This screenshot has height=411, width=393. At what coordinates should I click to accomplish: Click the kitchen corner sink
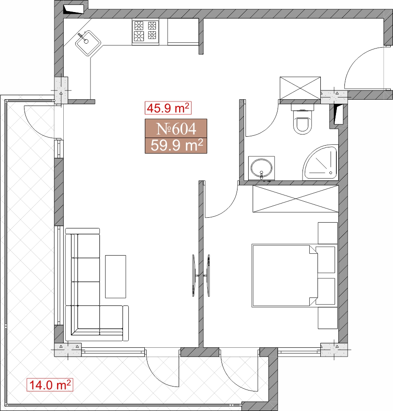tap(88, 43)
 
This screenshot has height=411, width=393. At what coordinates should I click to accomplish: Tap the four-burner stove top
tap(145, 32)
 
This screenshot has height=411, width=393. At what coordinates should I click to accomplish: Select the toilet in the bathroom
tap(303, 119)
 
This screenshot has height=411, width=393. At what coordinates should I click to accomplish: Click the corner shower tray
tap(320, 163)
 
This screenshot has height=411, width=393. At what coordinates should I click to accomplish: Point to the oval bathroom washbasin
tap(261, 168)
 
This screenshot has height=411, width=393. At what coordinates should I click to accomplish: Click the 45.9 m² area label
tap(168, 108)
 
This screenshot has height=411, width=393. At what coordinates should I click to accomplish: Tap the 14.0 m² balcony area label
tap(50, 385)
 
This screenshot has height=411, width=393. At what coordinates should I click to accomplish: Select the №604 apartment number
tap(176, 128)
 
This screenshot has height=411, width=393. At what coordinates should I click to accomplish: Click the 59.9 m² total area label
tap(176, 146)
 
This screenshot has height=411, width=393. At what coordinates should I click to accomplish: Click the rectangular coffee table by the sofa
tap(115, 277)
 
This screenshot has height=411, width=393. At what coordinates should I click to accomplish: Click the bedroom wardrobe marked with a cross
tap(295, 199)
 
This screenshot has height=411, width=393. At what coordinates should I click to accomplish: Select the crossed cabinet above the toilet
tap(300, 88)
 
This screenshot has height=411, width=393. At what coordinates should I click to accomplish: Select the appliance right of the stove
tap(183, 32)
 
